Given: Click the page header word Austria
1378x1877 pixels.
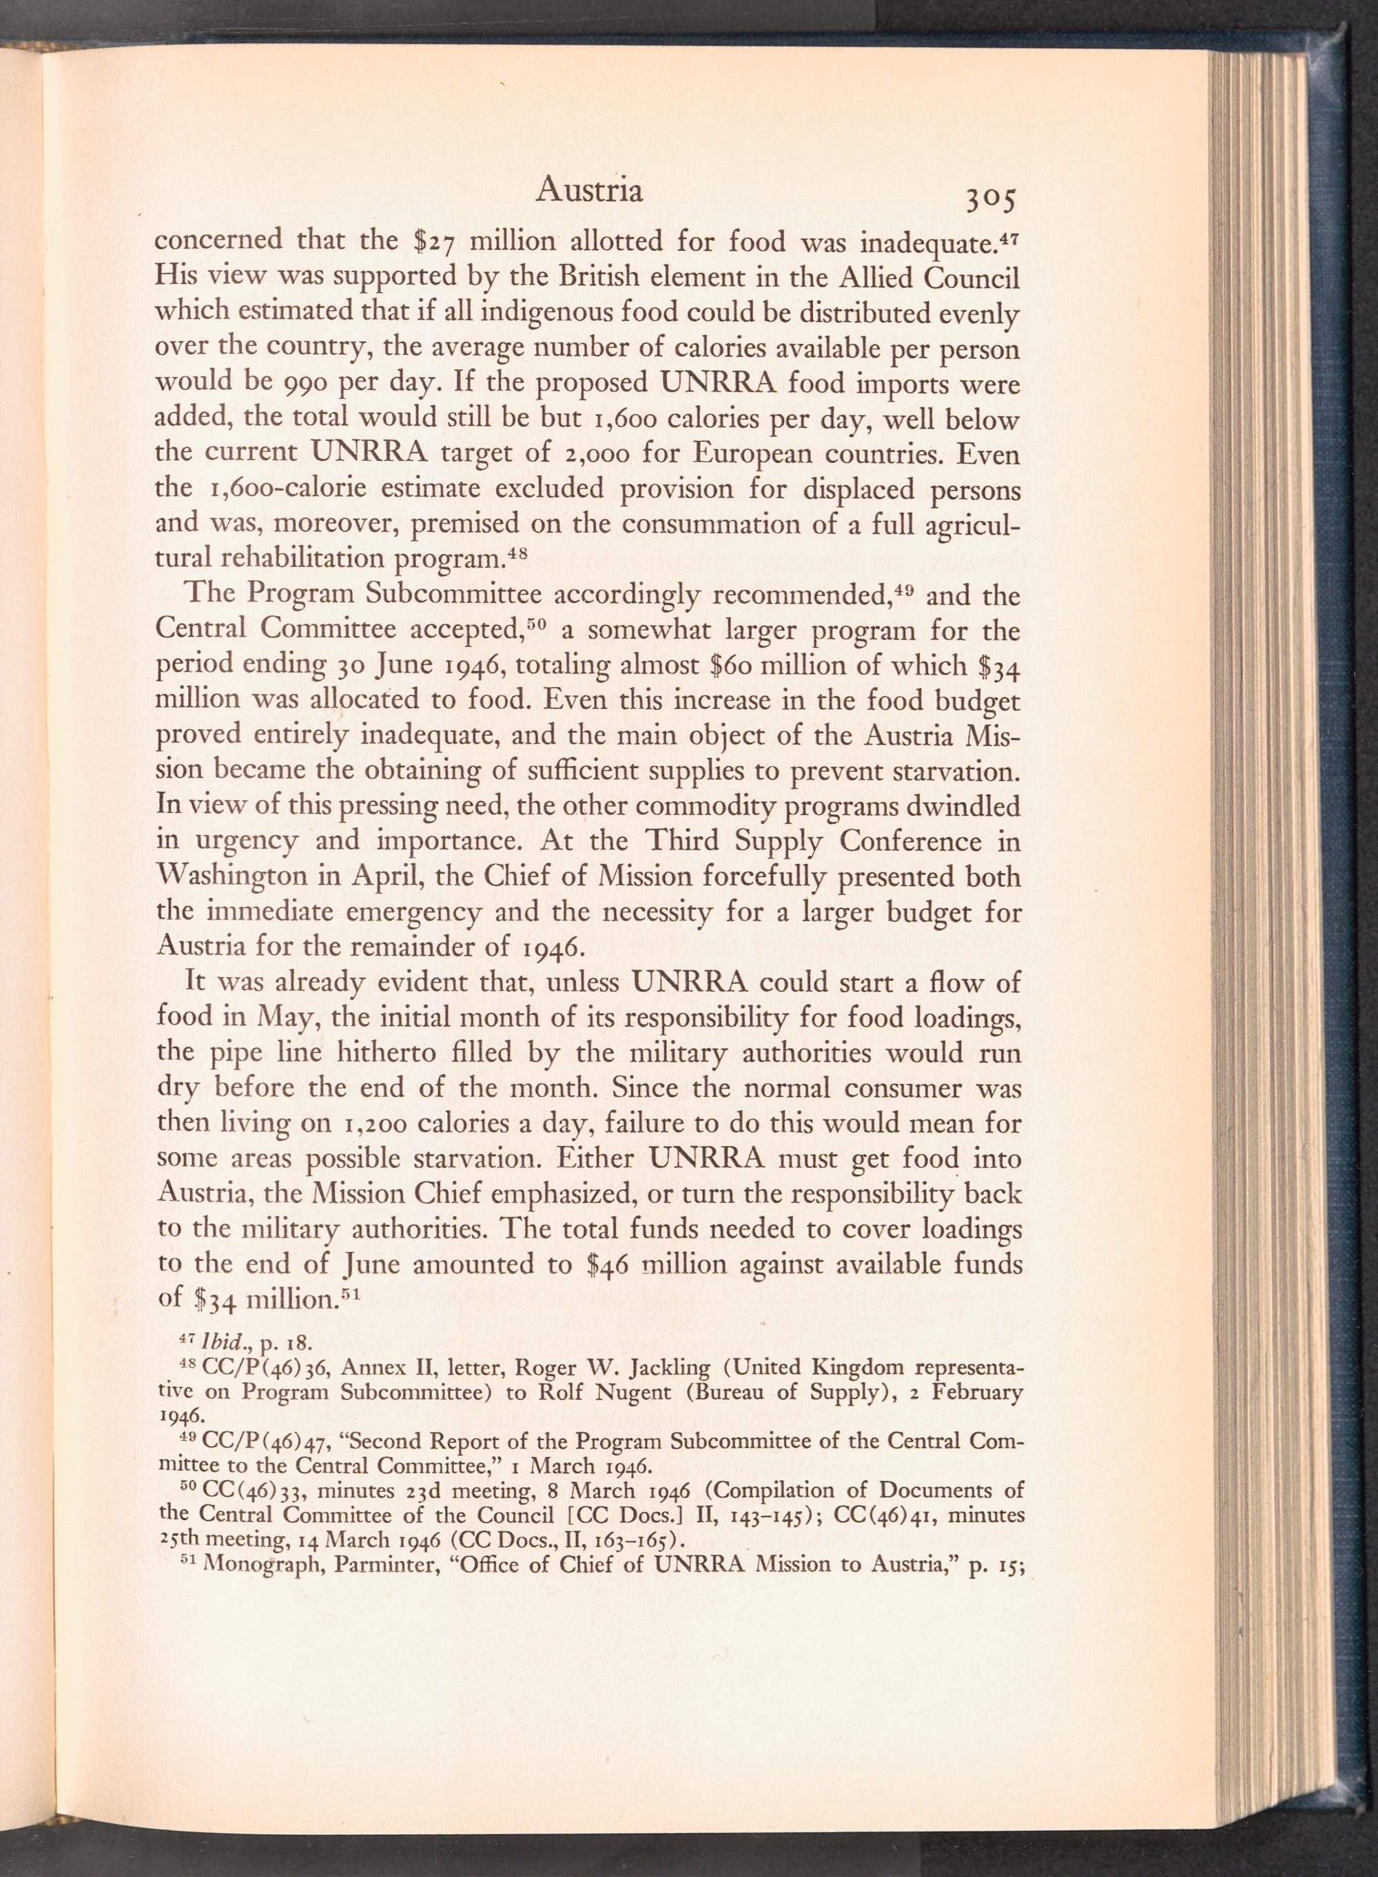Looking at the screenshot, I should point(589,191).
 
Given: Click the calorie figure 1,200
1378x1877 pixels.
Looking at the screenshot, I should point(373,1124).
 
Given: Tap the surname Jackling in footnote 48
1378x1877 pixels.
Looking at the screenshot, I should point(670,1368).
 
